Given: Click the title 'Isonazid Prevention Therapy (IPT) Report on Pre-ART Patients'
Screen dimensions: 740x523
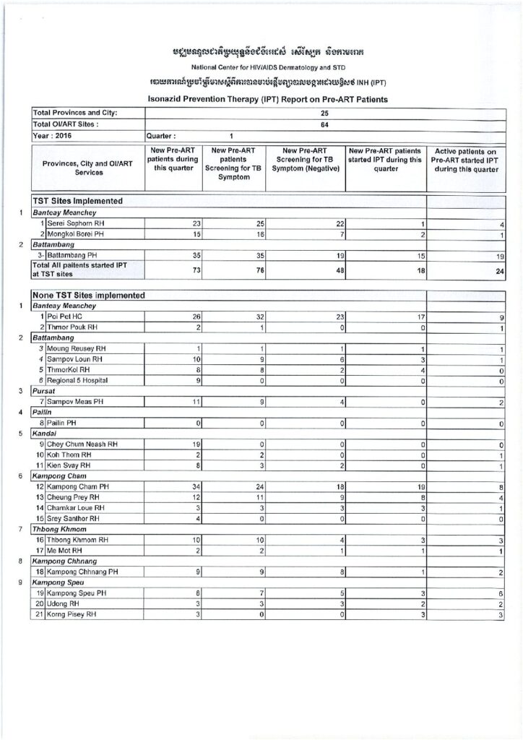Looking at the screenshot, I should pyautogui.click(x=261, y=98).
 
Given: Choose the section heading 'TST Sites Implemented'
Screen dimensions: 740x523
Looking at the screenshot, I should pyautogui.click(x=77, y=200).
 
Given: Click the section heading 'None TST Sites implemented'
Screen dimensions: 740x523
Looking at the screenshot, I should pyautogui.click(x=89, y=295).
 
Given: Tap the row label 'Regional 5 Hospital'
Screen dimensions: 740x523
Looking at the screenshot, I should pyautogui.click(x=78, y=379).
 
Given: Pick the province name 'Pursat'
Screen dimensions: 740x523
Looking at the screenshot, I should pyautogui.click(x=44, y=390).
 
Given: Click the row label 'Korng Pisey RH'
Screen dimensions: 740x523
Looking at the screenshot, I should pyautogui.click(x=72, y=614).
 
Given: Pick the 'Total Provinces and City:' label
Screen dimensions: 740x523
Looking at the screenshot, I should pyautogui.click(x=75, y=113).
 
